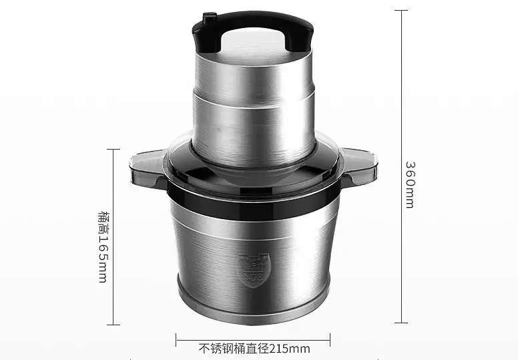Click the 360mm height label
(x=410, y=184)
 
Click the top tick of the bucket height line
(x=111, y=150)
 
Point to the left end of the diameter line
(x=177, y=339)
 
